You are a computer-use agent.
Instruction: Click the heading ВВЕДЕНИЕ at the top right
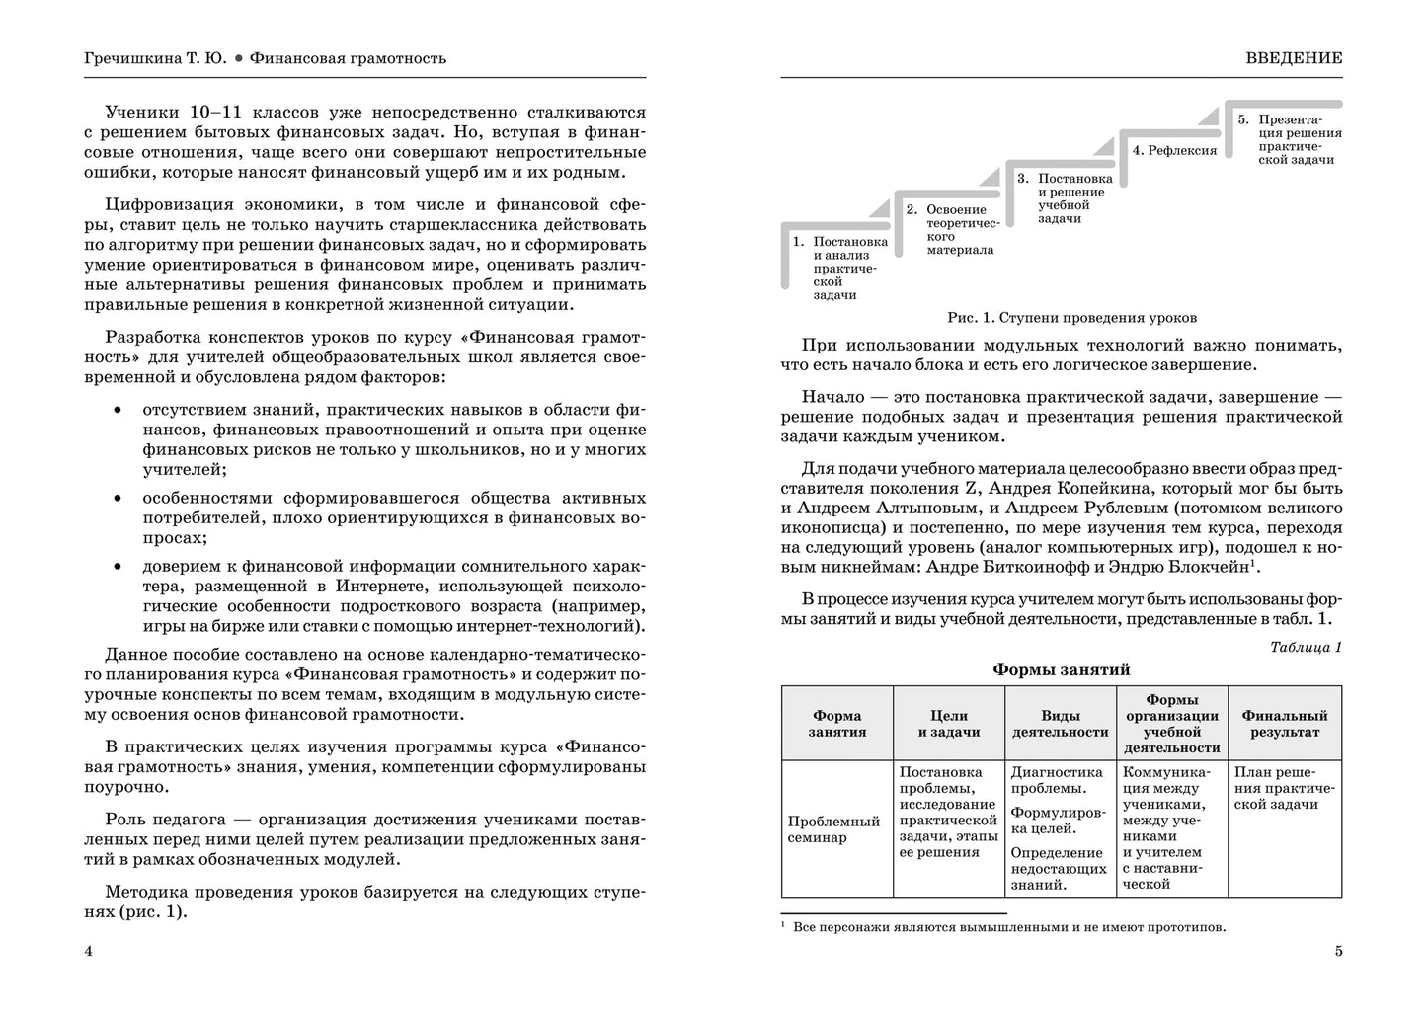coord(1294,58)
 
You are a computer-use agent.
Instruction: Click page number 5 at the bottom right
coord(1338,952)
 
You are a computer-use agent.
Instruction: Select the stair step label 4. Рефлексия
coord(1174,151)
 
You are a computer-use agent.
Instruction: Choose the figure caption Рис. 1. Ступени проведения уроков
coord(1071,318)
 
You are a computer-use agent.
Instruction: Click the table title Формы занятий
coord(1061,669)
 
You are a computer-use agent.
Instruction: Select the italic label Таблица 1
coord(1306,648)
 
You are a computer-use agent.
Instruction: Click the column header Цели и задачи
coord(948,724)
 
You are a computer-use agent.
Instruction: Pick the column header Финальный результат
coord(1284,724)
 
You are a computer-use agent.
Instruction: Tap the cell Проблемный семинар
coord(833,829)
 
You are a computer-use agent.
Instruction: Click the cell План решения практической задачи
coord(1284,788)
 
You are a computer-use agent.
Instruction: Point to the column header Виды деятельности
coord(1060,724)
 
